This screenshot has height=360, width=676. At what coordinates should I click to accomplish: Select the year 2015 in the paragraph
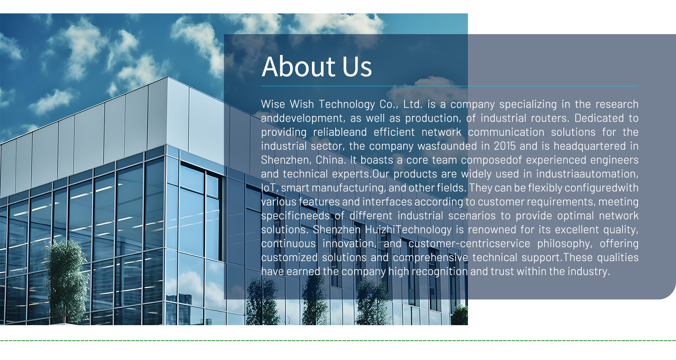pos(505,146)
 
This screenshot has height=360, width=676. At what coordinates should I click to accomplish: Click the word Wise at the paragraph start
pos(273,104)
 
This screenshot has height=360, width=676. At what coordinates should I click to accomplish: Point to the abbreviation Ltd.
pos(413,104)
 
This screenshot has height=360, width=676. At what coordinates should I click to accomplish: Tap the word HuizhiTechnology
pos(408,229)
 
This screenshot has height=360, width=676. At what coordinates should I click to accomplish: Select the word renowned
pos(492,229)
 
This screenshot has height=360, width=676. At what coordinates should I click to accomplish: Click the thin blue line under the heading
pos(449,86)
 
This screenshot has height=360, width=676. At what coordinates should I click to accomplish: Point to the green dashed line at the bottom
pos(338,340)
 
